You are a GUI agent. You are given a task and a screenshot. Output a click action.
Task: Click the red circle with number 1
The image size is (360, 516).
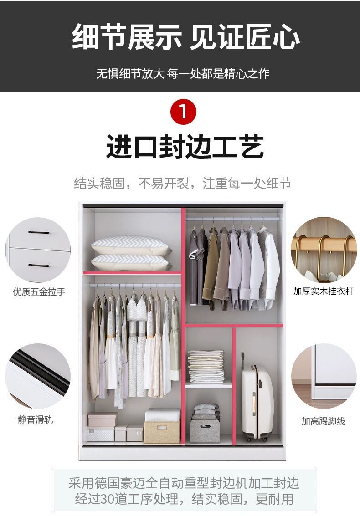point(183,112)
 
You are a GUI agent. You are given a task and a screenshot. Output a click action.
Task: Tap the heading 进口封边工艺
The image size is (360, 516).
point(185,147)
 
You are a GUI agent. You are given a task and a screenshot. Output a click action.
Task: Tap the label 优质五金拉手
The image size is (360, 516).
point(39,292)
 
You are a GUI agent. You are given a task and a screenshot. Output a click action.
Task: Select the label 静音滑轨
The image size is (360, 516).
point(35,419)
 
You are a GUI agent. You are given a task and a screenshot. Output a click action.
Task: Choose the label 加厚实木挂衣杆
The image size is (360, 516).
point(324,291)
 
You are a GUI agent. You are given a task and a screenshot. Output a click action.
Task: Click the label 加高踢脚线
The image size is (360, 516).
point(323,421)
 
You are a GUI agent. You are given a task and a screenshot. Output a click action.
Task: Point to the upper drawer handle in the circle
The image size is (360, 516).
point(39,232)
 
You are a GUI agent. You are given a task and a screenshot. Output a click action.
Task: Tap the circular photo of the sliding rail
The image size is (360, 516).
point(38,376)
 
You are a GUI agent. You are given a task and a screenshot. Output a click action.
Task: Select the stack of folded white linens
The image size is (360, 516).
point(206,366)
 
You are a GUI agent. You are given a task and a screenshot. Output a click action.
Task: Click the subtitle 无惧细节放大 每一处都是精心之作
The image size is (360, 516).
point(183,73)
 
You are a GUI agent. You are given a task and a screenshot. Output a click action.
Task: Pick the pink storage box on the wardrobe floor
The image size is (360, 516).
point(102,419)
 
